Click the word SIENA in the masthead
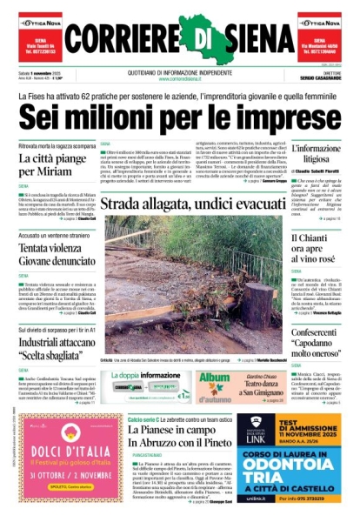[x=252, y=37]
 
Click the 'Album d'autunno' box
[x=214, y=383]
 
